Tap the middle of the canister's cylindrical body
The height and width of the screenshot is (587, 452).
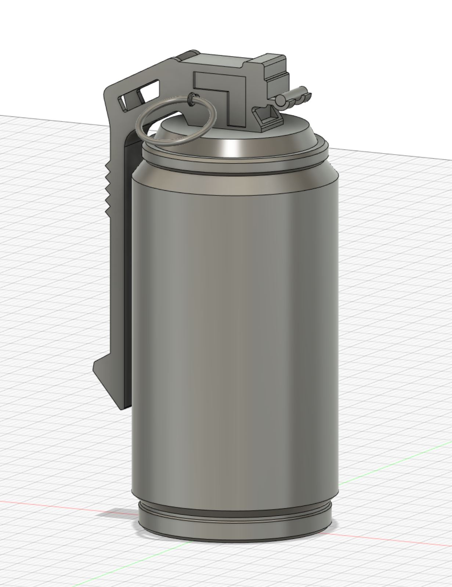point(235,331)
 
